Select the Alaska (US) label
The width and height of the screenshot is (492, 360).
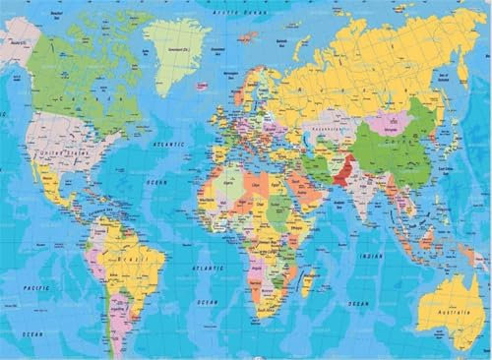(16, 45)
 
